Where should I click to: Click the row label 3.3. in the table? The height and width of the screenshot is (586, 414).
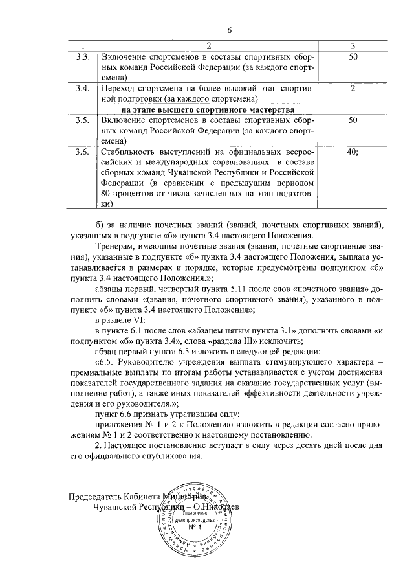(x=82, y=57)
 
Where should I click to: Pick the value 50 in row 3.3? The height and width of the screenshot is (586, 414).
(x=353, y=57)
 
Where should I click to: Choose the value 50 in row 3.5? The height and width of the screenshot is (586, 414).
(x=353, y=120)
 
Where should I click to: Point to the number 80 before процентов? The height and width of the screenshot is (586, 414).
(x=107, y=194)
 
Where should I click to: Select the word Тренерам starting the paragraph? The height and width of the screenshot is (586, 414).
(x=116, y=247)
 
